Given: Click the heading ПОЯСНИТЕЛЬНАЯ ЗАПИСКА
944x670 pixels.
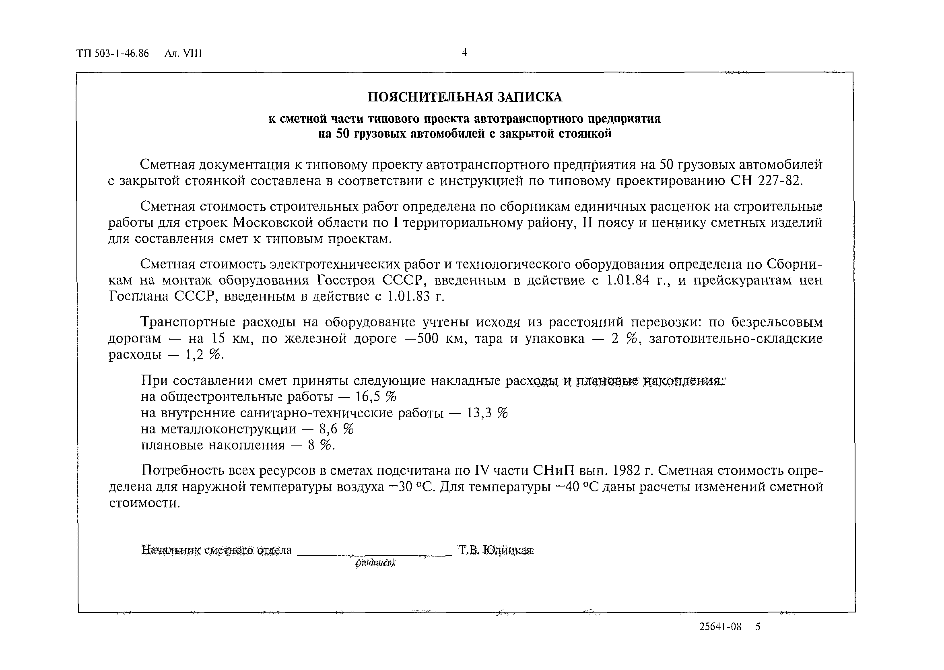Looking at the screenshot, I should pyautogui.click(x=465, y=97).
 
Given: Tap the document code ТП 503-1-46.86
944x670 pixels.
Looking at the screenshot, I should pyautogui.click(x=112, y=54).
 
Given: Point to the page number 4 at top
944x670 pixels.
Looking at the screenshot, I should pyautogui.click(x=464, y=52).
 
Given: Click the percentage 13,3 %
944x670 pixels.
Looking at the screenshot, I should pyautogui.click(x=487, y=413).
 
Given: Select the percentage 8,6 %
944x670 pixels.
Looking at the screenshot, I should pyautogui.click(x=336, y=429).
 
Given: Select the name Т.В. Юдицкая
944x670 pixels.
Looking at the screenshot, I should pyautogui.click(x=495, y=550).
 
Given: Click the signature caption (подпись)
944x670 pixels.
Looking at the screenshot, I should pyautogui.click(x=375, y=562).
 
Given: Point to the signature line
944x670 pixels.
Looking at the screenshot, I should pyautogui.click(x=374, y=555).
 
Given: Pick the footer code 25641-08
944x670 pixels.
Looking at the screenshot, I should pyautogui.click(x=720, y=627).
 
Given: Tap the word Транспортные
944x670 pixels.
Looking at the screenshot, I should pyautogui.click(x=186, y=322).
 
